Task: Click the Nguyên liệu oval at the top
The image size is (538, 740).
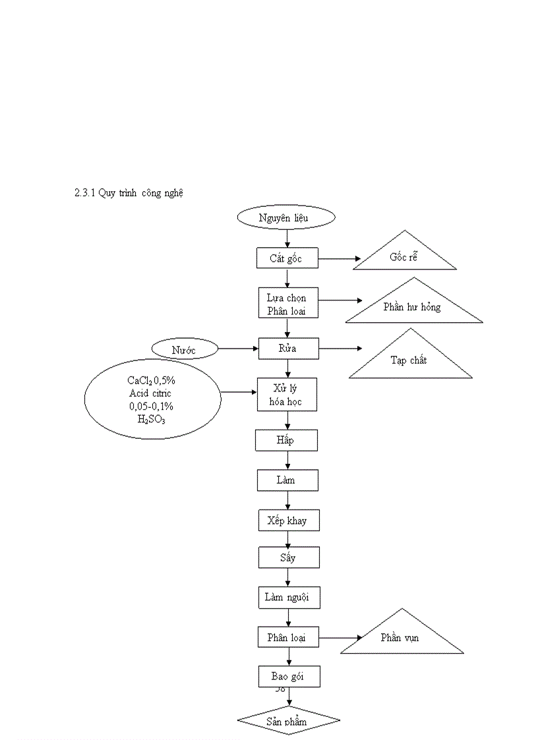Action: point(286,217)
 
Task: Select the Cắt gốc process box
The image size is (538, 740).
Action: point(286,258)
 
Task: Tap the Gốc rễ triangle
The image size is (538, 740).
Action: point(404,257)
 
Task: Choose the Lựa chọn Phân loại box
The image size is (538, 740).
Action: point(287,303)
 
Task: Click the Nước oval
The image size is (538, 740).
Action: point(185,349)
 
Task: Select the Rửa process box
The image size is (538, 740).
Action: point(287,348)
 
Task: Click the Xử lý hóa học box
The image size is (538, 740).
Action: point(287,394)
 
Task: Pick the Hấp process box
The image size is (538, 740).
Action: point(286,440)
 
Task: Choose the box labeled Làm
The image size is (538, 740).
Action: point(287,480)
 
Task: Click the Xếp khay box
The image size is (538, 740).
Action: point(287,520)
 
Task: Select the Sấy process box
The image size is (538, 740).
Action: point(288,557)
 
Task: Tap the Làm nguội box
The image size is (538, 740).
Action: point(288,597)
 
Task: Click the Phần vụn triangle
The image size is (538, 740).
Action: point(401,637)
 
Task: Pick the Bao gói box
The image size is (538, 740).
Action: point(289,676)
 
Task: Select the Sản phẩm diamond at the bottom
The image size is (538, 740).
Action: point(288,721)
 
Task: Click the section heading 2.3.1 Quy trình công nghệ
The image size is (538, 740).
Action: point(129,193)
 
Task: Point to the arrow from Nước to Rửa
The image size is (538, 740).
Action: point(237,349)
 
